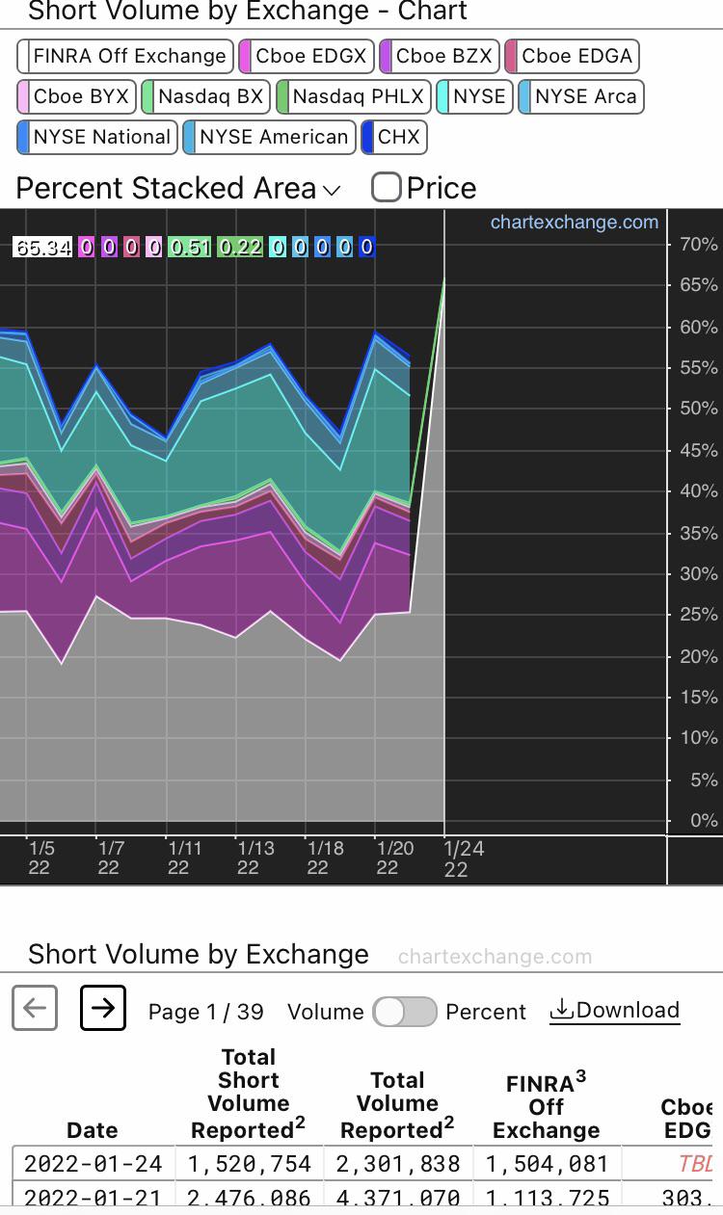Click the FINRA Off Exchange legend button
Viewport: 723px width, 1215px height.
point(125,56)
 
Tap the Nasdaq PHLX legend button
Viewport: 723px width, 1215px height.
point(352,96)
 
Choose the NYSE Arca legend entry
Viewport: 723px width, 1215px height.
point(581,96)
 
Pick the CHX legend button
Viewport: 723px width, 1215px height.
point(394,137)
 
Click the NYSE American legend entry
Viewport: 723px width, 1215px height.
point(269,137)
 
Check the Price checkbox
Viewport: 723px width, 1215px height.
point(387,187)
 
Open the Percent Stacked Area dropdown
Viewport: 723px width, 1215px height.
point(178,188)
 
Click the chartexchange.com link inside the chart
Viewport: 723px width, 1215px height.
point(574,223)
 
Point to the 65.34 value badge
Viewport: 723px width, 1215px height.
point(43,248)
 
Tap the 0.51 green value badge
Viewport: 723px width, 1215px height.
point(189,248)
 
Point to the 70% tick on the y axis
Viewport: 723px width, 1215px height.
point(697,245)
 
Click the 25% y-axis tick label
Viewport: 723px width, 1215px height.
point(697,615)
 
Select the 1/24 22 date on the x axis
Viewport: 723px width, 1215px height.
point(463,858)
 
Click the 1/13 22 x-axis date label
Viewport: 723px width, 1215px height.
point(255,858)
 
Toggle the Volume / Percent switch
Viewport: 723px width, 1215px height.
point(405,1012)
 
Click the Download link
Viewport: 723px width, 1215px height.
point(615,1011)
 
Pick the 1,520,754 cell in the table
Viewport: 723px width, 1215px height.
point(250,1163)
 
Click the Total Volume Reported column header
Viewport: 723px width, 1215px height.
point(397,1105)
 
